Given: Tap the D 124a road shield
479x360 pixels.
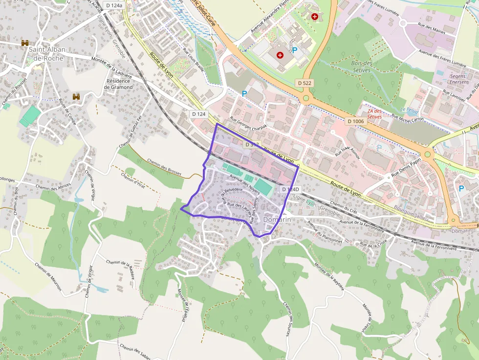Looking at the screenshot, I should pos(114,5).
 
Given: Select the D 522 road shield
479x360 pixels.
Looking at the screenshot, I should pos(305,83).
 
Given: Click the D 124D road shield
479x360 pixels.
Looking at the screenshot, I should pos(290,189).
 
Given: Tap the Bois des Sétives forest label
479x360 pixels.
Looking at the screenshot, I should pos(362,66).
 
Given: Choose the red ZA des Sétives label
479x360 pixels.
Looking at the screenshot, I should pos(374,114).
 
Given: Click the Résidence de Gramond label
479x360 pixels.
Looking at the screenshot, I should pos(118,84).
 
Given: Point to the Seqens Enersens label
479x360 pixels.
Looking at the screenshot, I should pos(458,79).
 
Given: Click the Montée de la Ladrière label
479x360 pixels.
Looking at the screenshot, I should pos(112,67).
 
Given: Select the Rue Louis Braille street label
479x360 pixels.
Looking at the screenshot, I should pos(193,59).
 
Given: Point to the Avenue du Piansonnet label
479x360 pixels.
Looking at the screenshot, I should pos(325,232).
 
